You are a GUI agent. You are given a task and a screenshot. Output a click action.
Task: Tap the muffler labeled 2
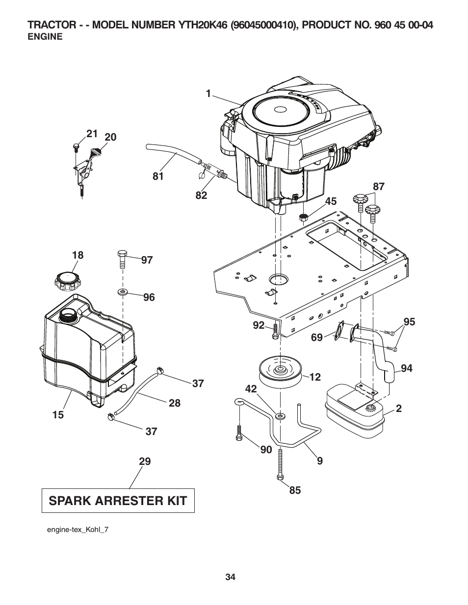355,412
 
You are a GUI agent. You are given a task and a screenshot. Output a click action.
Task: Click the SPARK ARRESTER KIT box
118,501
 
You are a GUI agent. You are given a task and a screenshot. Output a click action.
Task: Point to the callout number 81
157,176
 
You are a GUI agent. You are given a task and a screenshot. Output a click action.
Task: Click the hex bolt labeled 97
123,259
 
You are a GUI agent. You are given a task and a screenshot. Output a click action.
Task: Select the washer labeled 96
123,293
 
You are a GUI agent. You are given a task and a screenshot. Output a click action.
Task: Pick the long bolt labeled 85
280,465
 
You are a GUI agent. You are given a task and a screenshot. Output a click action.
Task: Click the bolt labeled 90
239,433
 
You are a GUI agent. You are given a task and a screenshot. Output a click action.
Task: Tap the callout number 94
407,368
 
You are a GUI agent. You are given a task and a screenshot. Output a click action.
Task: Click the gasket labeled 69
337,333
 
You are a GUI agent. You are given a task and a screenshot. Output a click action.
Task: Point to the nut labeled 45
304,217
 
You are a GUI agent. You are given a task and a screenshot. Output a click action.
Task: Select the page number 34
231,577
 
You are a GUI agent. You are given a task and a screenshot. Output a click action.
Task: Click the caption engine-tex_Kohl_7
77,530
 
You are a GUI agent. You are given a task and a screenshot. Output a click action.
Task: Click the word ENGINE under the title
45,37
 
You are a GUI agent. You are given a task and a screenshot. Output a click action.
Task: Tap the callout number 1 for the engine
208,94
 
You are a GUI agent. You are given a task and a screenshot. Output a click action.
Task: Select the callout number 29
144,461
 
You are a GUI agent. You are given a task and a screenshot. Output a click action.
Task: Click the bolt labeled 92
275,332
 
